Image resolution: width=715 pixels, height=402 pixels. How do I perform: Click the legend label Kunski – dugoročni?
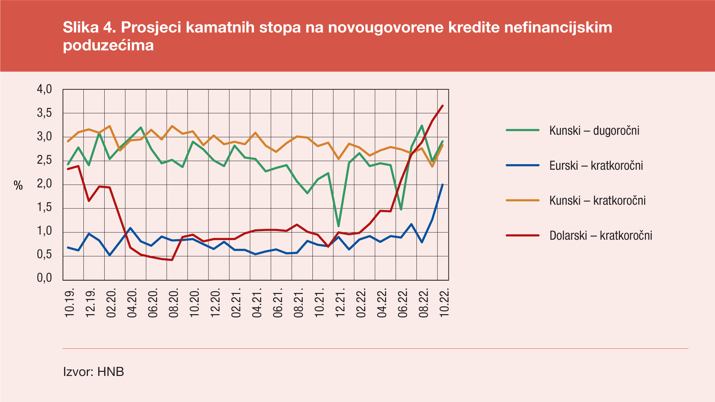(x=594, y=131)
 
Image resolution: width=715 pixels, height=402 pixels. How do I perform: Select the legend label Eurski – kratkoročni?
(x=596, y=166)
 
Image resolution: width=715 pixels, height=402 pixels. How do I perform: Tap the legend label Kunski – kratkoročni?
(x=597, y=201)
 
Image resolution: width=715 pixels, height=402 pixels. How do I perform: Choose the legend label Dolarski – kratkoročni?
(x=601, y=236)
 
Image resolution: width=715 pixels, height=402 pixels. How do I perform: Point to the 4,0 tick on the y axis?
(x=44, y=89)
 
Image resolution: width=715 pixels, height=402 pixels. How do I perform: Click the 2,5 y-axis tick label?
(x=44, y=161)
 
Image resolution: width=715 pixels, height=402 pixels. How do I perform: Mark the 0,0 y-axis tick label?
(x=44, y=278)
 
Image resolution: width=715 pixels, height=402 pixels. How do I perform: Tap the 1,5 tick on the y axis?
(x=44, y=208)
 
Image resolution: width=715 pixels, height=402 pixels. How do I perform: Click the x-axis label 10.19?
(x=70, y=302)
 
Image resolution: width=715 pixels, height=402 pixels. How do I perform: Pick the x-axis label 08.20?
(x=174, y=302)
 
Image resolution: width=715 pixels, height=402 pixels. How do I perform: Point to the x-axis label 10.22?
(x=444, y=302)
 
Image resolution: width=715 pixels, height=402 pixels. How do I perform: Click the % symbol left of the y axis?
(x=18, y=185)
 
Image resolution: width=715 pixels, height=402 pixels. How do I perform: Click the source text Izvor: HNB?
(x=93, y=371)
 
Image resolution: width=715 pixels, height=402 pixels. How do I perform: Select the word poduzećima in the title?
(x=108, y=45)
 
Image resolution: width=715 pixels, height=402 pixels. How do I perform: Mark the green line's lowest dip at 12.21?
(x=338, y=226)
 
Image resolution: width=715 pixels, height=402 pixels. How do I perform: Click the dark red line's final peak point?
(x=442, y=106)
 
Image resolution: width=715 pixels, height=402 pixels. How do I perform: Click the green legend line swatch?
(x=522, y=130)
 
